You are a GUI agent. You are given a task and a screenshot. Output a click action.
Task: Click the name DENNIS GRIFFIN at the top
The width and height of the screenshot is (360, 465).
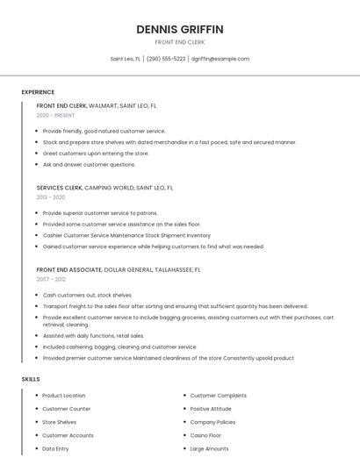[180, 29]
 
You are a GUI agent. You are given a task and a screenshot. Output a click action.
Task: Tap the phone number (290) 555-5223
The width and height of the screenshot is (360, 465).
[166, 59]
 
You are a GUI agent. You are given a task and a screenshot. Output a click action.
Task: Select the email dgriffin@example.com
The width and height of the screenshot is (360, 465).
[220, 59]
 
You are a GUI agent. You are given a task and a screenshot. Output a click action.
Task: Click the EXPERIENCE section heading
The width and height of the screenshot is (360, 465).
[38, 92]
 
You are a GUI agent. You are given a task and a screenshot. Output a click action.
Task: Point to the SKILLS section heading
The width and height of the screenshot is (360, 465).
[31, 379]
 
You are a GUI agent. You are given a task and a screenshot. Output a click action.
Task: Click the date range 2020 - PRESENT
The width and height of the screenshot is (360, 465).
[55, 115]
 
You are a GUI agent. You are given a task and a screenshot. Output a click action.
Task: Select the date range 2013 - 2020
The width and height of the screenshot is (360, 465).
[51, 197]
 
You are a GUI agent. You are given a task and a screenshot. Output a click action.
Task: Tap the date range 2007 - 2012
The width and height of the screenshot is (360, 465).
[50, 279]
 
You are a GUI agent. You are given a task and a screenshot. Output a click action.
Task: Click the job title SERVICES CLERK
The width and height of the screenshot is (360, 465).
[60, 188]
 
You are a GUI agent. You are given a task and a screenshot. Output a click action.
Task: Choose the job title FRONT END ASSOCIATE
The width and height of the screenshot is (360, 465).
[68, 269]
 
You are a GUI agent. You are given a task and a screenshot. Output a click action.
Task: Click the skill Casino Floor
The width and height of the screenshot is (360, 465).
[205, 435]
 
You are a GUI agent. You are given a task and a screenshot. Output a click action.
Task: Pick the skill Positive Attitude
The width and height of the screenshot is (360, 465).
[211, 409]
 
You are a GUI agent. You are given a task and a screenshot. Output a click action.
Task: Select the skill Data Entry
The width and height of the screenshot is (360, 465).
[55, 448]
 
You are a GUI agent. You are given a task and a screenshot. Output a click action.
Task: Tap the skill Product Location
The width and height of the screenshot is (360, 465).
[64, 396]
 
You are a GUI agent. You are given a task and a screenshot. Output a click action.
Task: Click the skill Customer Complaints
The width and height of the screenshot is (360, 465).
[219, 396]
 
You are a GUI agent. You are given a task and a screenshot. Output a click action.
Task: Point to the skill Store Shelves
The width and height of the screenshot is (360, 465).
[60, 422]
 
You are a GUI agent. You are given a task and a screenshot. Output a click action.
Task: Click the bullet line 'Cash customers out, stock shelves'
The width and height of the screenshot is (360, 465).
[87, 296]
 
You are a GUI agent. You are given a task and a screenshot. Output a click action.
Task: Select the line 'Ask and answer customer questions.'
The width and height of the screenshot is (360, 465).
[89, 164]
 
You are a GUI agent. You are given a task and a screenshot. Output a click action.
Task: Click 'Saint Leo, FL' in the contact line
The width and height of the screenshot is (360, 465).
[126, 59]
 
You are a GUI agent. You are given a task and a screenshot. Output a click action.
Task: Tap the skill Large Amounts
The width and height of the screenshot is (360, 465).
[209, 448]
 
